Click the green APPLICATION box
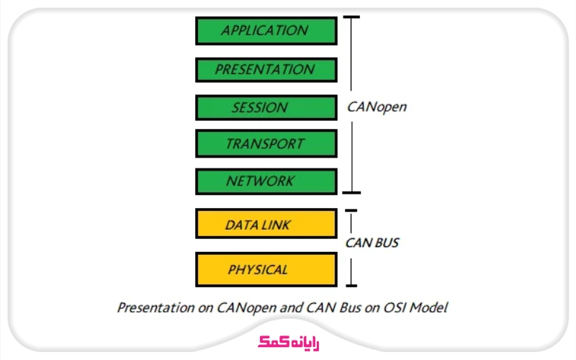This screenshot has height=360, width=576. [266, 31]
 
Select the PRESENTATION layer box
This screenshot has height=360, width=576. [266, 70]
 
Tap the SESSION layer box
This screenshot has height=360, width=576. [266, 108]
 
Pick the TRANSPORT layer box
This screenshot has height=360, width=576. [266, 144]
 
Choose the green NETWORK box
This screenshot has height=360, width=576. [266, 181]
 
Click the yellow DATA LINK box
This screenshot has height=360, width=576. [266, 224]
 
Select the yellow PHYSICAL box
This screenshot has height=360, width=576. [266, 270]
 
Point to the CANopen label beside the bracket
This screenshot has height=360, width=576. [377, 108]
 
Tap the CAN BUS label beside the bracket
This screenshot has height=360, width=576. [372, 243]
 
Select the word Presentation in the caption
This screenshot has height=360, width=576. [153, 308]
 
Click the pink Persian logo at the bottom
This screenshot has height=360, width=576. [288, 342]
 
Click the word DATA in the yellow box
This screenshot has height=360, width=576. [241, 225]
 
